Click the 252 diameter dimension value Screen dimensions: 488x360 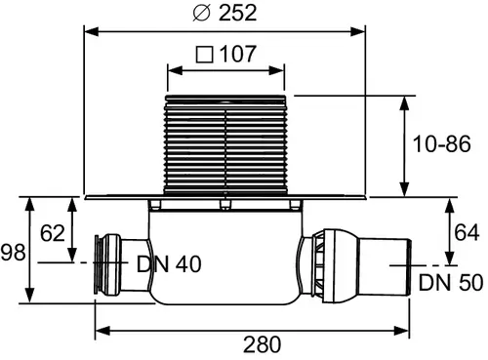point(237,13)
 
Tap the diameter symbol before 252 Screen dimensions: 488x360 point(202,14)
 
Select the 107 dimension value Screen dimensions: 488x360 point(238,54)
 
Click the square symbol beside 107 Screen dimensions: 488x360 point(205,55)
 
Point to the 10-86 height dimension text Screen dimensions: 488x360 point(441,143)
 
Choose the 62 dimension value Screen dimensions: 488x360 point(53,233)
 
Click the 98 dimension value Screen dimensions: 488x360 point(13,252)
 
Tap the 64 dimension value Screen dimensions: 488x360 point(467,232)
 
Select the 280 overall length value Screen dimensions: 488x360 point(263,344)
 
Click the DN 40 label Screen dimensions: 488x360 point(169,263)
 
